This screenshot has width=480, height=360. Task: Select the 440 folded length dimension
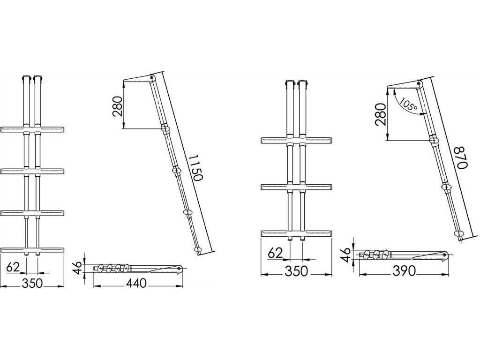pyautogui.click(x=136, y=283)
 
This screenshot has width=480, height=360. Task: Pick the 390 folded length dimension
pyautogui.click(x=404, y=271)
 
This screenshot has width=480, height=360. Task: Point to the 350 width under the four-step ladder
pyautogui.click(x=32, y=283)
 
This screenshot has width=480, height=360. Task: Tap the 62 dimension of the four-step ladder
pyautogui.click(x=13, y=267)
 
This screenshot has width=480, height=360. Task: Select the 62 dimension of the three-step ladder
pyautogui.click(x=275, y=254)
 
